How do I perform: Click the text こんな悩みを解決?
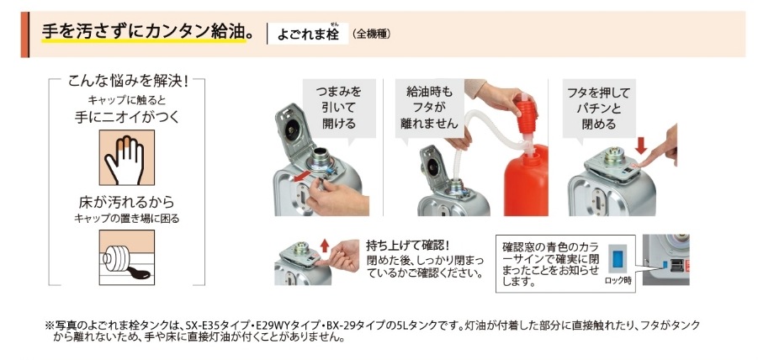tap(127, 82)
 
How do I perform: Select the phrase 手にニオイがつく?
tap(124, 119)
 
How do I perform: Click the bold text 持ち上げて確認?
tap(402, 246)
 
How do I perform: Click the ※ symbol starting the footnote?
tap(48, 325)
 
